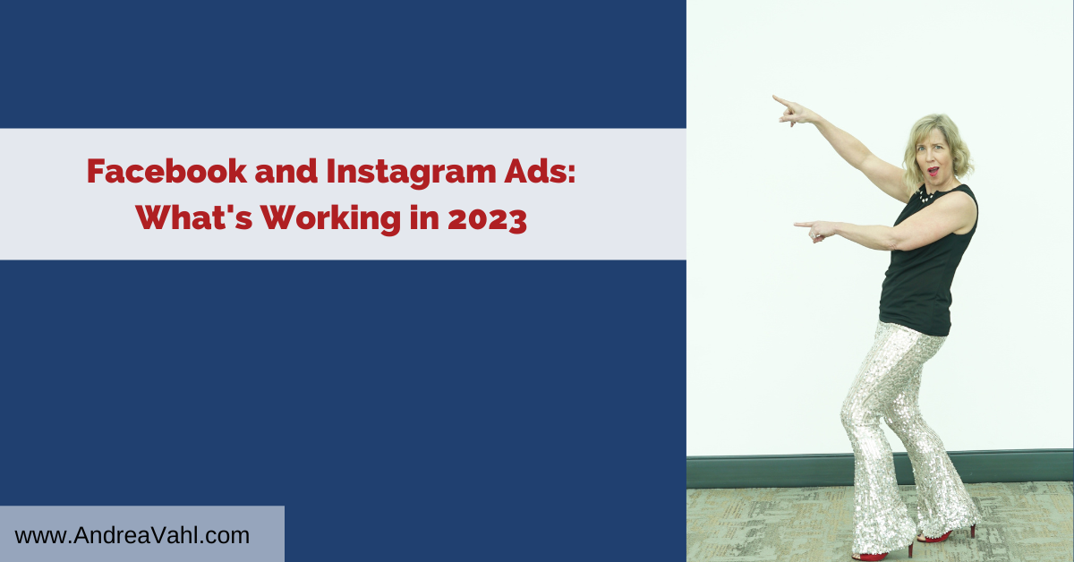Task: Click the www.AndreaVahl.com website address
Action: coord(132,535)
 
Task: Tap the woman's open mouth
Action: coord(933,171)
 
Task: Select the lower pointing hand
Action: coord(816,230)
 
